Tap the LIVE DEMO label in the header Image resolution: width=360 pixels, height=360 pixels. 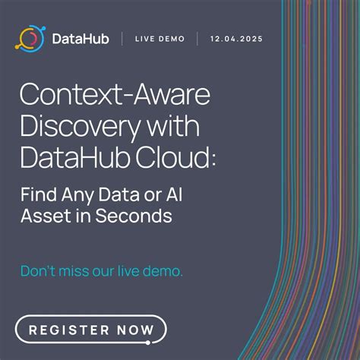point(160,39)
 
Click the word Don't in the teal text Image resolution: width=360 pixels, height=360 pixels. point(39,270)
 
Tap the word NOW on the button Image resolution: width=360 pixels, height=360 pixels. point(133,330)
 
